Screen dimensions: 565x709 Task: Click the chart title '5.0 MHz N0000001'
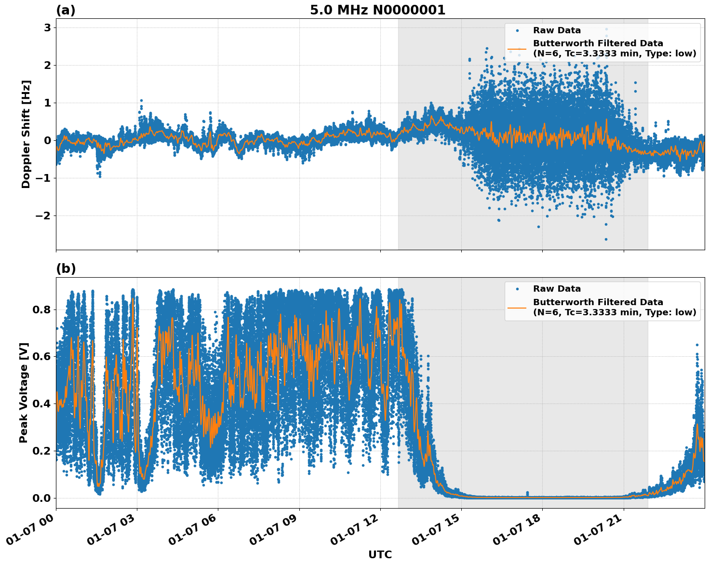(377, 10)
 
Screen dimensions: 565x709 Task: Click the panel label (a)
(66, 10)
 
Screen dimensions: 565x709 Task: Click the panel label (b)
(66, 269)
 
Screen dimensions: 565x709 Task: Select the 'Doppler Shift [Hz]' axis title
(26, 134)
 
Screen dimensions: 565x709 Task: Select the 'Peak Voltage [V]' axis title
(24, 392)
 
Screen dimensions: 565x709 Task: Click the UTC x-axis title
(380, 554)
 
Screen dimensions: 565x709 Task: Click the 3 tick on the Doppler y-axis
(47, 28)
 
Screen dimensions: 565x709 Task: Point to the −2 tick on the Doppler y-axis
(43, 215)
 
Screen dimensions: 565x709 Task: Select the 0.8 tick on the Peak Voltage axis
(41, 309)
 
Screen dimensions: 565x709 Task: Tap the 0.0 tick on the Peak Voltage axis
(41, 498)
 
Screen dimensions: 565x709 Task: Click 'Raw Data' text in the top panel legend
(557, 30)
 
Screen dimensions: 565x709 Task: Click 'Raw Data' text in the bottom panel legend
(557, 289)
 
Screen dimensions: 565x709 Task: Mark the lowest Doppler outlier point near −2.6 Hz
(606, 239)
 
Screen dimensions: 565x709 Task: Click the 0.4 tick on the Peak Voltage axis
(41, 404)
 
